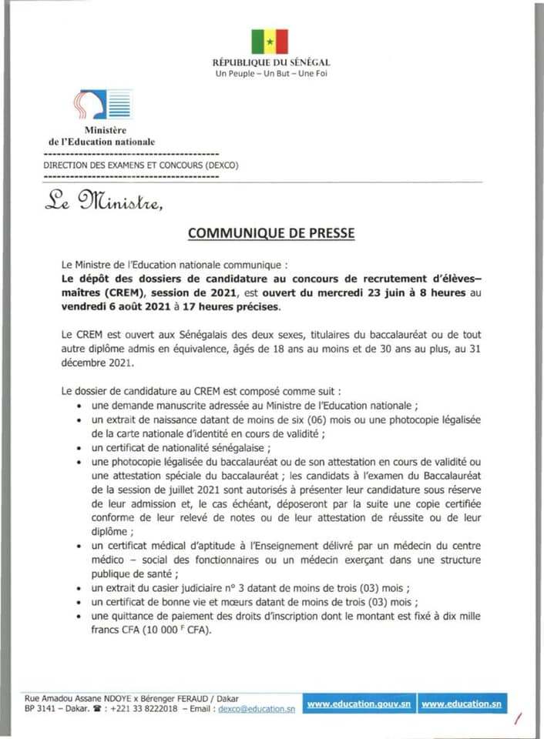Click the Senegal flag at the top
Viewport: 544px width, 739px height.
coord(269,41)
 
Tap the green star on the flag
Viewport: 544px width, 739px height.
coord(270,42)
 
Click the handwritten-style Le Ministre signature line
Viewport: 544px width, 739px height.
coord(103,202)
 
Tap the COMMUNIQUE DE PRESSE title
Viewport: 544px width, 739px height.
coord(272,232)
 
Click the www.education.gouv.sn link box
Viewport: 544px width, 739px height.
coord(359,704)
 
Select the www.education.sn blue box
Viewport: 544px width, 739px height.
coord(462,704)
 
